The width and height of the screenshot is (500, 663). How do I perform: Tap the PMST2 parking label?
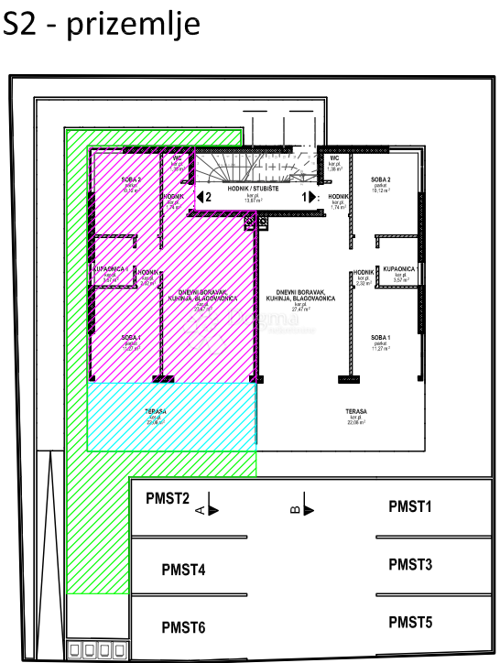pos(168,499)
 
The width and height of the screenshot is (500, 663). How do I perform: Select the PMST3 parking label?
pos(409,564)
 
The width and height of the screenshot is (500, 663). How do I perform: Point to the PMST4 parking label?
pos(183,571)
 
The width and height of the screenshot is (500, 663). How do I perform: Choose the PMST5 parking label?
pos(409,623)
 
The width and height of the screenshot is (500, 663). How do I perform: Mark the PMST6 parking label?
pos(183,627)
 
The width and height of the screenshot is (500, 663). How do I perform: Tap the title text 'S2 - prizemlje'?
pos(101,24)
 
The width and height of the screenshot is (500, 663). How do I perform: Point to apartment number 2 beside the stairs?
pos(208,196)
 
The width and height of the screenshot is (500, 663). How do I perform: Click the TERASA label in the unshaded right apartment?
pos(356,412)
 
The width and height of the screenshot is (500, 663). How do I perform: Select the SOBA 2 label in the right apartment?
pos(381,179)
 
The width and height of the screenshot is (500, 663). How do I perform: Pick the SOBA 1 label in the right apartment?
pos(381,338)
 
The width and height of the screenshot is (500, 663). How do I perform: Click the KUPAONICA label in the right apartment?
pos(399,270)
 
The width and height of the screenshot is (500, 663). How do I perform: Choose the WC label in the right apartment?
pos(334,158)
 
